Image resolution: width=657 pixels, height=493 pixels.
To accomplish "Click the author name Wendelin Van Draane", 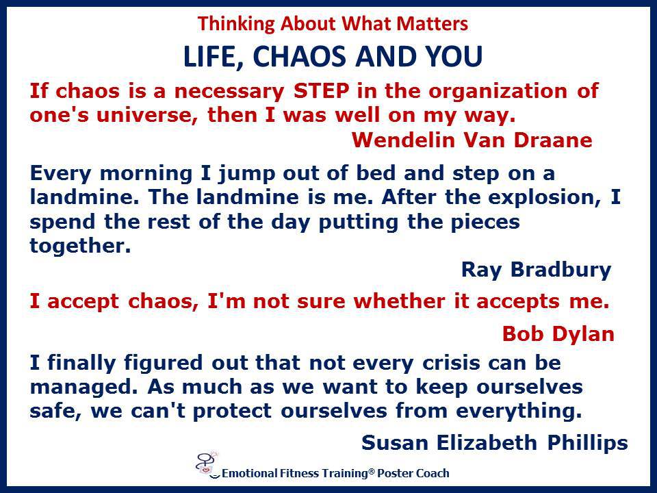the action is (472, 140).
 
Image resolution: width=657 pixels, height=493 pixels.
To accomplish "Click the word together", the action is (80, 246).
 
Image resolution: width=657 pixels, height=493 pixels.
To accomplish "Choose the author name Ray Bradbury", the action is (536, 270).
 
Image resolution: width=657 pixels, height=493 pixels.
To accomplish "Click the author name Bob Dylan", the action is (558, 334).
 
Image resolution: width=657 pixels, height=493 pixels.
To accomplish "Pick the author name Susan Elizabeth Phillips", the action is (494, 443).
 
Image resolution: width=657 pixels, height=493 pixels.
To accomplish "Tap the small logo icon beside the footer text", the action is (208, 465).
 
